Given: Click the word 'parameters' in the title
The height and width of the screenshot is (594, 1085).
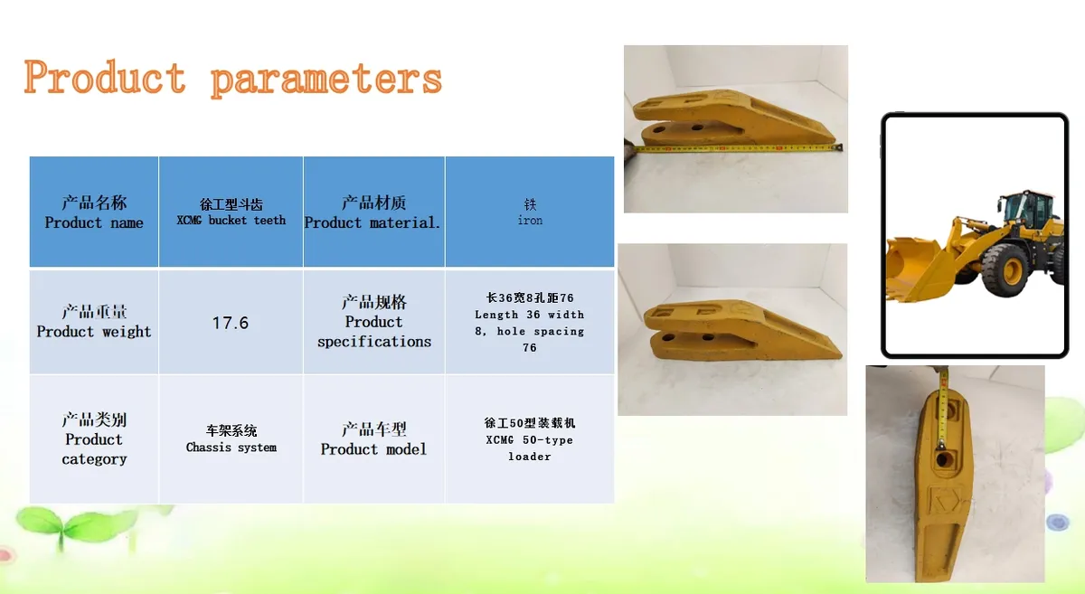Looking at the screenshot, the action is pos(326,79).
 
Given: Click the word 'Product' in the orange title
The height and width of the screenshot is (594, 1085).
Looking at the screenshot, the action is pos(105,77).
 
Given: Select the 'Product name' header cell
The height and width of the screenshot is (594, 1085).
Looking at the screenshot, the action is pos(94,212).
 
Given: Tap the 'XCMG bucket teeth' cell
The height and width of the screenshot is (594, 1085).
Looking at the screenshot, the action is pos(231,212).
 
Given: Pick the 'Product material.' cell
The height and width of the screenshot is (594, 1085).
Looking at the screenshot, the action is pos(374,212).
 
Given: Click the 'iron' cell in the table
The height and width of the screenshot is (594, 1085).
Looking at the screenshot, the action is pos(530,212).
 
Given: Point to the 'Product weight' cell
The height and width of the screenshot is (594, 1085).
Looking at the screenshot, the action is pos(94,322).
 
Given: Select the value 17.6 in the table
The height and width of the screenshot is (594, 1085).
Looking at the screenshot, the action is pos(231,323).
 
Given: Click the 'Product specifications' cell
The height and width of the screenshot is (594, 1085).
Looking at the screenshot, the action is pos(374,322).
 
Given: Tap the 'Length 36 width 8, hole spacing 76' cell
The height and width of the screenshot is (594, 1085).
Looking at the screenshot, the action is pos(530,322).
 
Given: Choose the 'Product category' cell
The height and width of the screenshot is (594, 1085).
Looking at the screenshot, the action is pos(94,439).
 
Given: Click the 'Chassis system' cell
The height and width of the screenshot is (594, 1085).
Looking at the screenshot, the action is pos(231,439).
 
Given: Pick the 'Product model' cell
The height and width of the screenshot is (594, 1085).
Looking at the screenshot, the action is pos(374,439).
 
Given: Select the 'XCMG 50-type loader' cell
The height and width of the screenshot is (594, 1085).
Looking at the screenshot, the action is pos(530,439).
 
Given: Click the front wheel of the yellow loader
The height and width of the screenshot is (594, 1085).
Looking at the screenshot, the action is pos(1006,269).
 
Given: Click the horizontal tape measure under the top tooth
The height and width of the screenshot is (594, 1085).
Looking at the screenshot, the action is pos(737,147).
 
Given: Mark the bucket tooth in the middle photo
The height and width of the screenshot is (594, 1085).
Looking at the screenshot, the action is pos(741,330).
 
